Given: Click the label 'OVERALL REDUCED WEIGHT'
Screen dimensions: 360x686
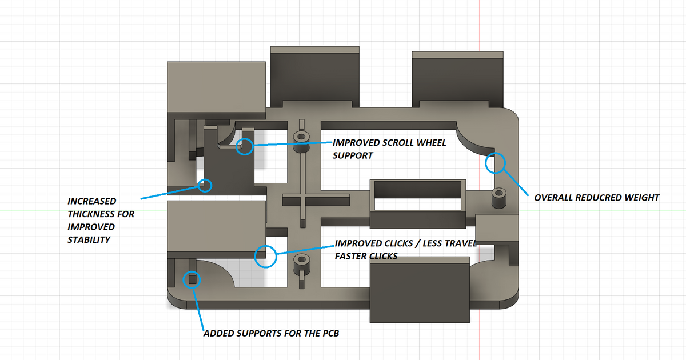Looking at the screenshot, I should [x=597, y=198].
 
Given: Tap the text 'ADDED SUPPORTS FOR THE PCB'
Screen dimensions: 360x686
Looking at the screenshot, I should [x=271, y=333].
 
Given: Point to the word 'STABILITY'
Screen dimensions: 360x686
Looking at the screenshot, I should [x=89, y=240].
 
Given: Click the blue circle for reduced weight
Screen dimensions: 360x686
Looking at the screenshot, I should [x=495, y=163].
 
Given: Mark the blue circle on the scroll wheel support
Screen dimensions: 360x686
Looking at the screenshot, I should [x=245, y=146].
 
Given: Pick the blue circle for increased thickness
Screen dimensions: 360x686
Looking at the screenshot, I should [x=204, y=185].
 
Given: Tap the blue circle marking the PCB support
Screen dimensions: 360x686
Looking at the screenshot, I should [x=192, y=279].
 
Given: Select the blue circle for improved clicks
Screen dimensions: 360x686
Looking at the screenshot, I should [x=265, y=256].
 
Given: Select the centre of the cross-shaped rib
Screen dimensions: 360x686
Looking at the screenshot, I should [x=301, y=200].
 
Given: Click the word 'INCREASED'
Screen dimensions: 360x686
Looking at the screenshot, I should [x=92, y=201].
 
